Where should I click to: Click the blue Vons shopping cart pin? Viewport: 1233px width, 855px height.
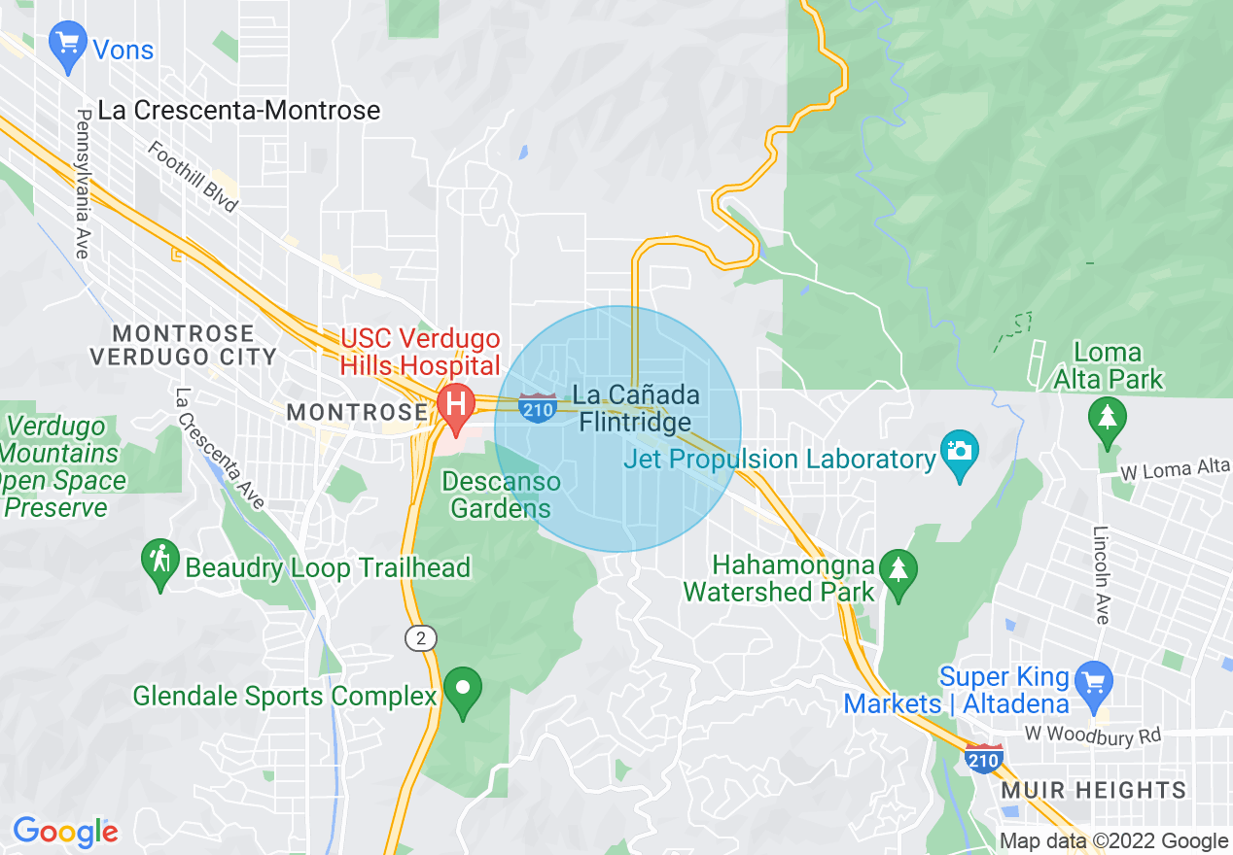pos(68,46)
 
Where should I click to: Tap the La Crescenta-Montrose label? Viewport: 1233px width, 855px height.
pos(239,111)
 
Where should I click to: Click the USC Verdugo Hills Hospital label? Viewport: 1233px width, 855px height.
pos(420,353)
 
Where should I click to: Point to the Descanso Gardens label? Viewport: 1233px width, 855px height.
pos(501,495)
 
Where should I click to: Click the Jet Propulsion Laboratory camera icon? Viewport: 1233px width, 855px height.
pos(960,453)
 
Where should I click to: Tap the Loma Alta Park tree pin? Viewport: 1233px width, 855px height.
pos(1108,419)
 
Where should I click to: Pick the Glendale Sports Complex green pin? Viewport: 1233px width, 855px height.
pos(463,689)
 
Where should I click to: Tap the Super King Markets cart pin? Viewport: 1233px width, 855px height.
pos(1095,680)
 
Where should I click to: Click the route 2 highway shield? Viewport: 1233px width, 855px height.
pos(421,638)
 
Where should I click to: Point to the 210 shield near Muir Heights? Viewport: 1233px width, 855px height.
pos(984,758)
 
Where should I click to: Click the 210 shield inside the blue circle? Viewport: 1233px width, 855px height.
pos(537,408)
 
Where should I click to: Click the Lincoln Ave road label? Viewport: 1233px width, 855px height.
pos(1102,575)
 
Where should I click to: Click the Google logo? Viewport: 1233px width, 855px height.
pos(65,832)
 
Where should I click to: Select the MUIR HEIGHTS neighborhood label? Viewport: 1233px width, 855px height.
pos(1094,790)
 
